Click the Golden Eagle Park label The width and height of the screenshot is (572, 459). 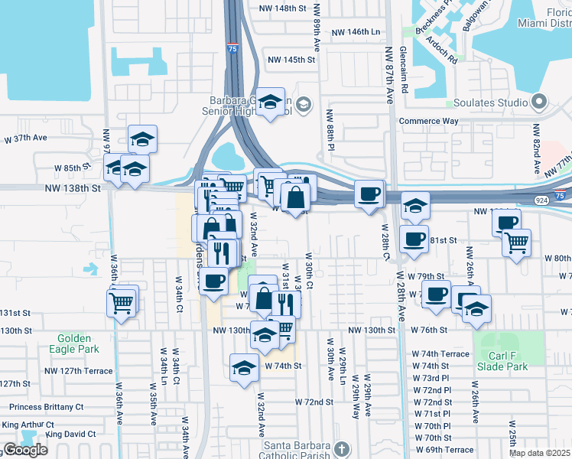click(73, 343)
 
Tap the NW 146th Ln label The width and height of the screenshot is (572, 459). click(356, 33)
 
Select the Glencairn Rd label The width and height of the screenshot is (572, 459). click(403, 70)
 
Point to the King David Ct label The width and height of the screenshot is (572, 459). click(70, 435)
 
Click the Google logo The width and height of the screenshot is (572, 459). click(25, 450)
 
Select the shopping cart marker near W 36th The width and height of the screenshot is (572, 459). click(122, 301)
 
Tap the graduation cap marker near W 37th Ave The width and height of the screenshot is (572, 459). click(142, 139)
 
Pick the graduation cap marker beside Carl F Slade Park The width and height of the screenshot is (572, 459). click(476, 309)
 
